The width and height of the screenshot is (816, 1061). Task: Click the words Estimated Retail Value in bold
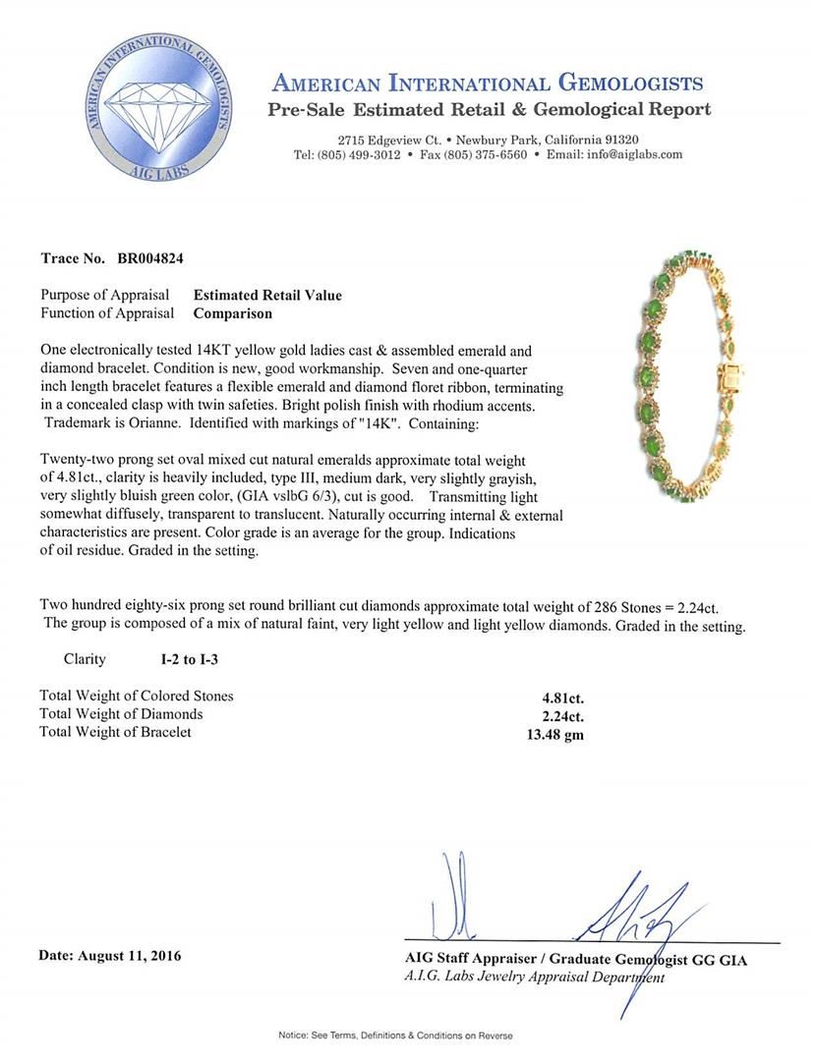[x=267, y=295]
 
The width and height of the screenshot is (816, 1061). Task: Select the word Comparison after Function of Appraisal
[x=232, y=313]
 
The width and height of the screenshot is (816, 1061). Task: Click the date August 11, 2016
[x=110, y=955]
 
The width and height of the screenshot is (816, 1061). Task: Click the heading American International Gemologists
[x=487, y=83]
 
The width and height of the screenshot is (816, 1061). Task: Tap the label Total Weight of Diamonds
[x=121, y=714]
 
